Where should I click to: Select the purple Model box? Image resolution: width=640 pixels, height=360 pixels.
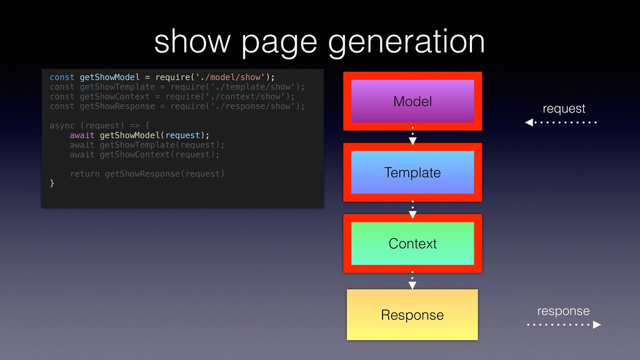coord(412,101)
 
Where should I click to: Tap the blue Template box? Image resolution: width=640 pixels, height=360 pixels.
coord(412,172)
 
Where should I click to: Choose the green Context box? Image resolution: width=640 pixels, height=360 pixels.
coord(412,244)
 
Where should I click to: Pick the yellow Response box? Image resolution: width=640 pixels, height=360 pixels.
coord(412,314)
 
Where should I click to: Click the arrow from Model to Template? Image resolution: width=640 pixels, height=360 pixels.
coord(412,137)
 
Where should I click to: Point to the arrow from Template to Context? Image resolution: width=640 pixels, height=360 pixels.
coord(412,208)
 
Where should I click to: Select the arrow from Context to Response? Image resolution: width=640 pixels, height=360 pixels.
coord(412,280)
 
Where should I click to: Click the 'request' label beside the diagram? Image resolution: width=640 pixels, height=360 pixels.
coord(564,109)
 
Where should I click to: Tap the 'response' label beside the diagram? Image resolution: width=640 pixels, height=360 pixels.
coord(564,311)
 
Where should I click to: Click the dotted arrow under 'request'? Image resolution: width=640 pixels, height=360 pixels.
coord(561,122)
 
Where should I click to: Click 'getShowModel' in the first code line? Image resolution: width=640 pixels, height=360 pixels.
coord(109,77)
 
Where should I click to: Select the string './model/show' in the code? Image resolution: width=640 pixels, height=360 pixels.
coord(235,77)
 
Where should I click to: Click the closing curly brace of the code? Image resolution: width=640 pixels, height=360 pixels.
coord(52,183)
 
